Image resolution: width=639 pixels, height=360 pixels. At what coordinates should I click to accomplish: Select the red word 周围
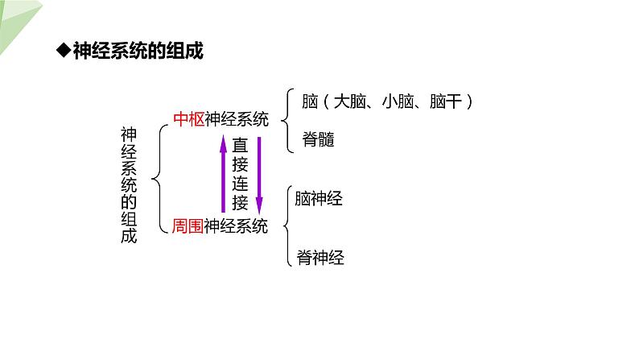pyautogui.click(x=188, y=226)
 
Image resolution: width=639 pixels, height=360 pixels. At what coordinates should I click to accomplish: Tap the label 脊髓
pyautogui.click(x=319, y=139)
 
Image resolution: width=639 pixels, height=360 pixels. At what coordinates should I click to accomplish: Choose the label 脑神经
pyautogui.click(x=319, y=199)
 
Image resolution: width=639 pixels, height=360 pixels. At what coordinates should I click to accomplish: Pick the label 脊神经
pyautogui.click(x=319, y=258)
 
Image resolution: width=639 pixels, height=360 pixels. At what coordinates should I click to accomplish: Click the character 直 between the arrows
pyautogui.click(x=241, y=147)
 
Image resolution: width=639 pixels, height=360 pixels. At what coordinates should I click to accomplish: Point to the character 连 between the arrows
pyautogui.click(x=241, y=184)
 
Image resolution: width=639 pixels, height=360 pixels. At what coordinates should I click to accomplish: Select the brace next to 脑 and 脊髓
pyautogui.click(x=288, y=120)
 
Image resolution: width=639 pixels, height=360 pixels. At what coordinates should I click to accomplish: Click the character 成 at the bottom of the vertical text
pyautogui.click(x=129, y=236)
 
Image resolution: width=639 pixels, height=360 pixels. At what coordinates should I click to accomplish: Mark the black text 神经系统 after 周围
pyautogui.click(x=236, y=226)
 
